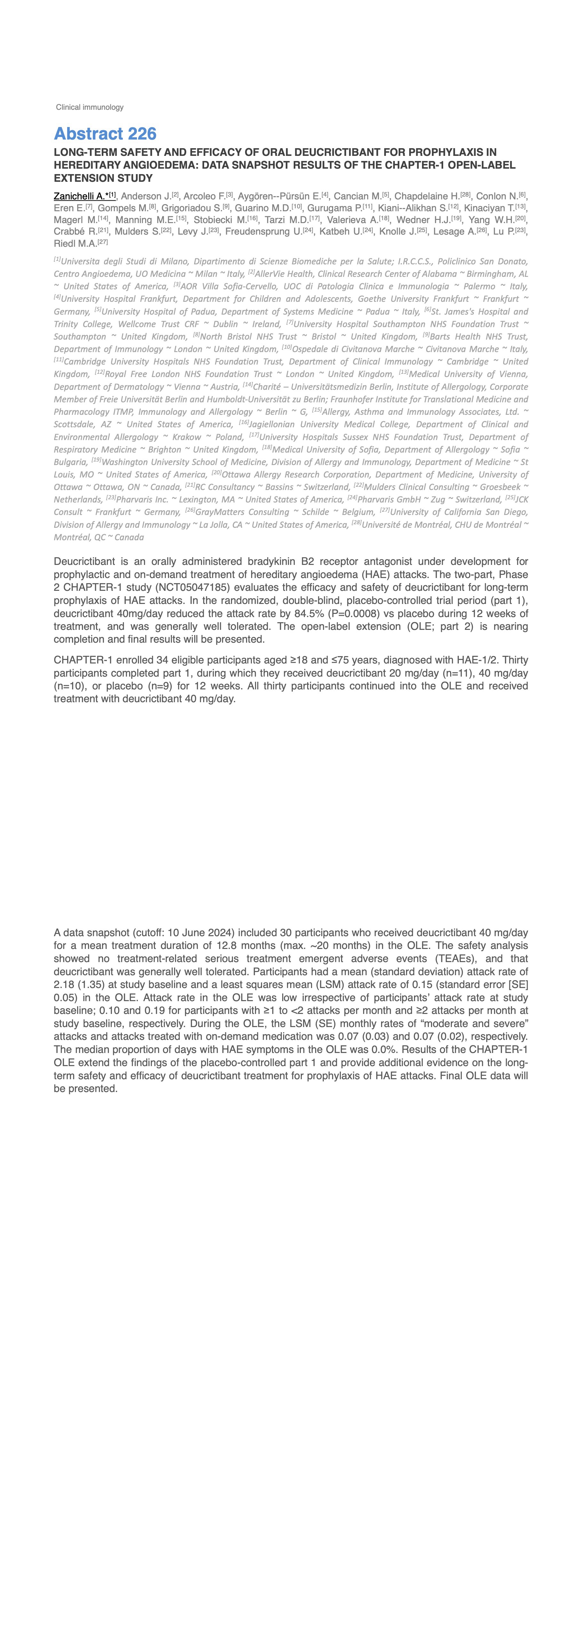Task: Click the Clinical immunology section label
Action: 90,108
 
